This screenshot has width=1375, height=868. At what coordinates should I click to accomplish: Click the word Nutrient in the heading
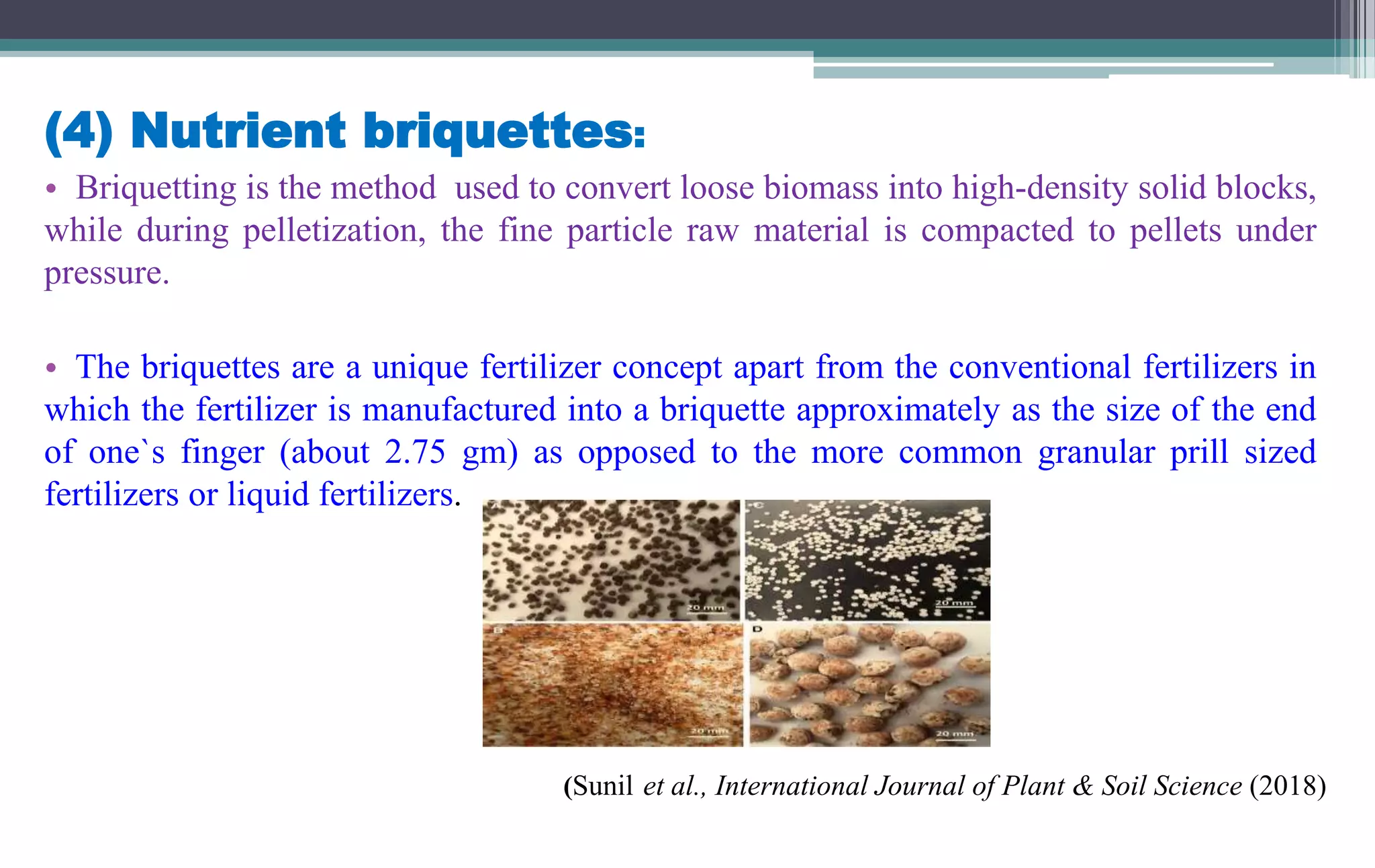coord(238,130)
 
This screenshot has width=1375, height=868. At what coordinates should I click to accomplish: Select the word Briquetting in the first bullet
coord(155,187)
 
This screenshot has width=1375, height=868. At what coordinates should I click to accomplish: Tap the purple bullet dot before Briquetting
coord(50,189)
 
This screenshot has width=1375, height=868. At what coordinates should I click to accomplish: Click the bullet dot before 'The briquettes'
coord(50,369)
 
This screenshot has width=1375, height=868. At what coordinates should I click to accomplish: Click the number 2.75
coord(414,452)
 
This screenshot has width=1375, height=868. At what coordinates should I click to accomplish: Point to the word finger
coord(222,452)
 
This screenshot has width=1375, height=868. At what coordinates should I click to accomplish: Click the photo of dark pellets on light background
coord(611,560)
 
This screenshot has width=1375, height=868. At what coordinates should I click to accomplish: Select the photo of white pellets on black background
coord(867,560)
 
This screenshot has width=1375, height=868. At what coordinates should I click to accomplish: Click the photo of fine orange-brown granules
coord(611,685)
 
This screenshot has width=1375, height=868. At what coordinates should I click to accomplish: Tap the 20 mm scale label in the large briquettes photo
coord(954,734)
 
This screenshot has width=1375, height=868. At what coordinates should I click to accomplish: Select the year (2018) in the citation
coord(1287,786)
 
